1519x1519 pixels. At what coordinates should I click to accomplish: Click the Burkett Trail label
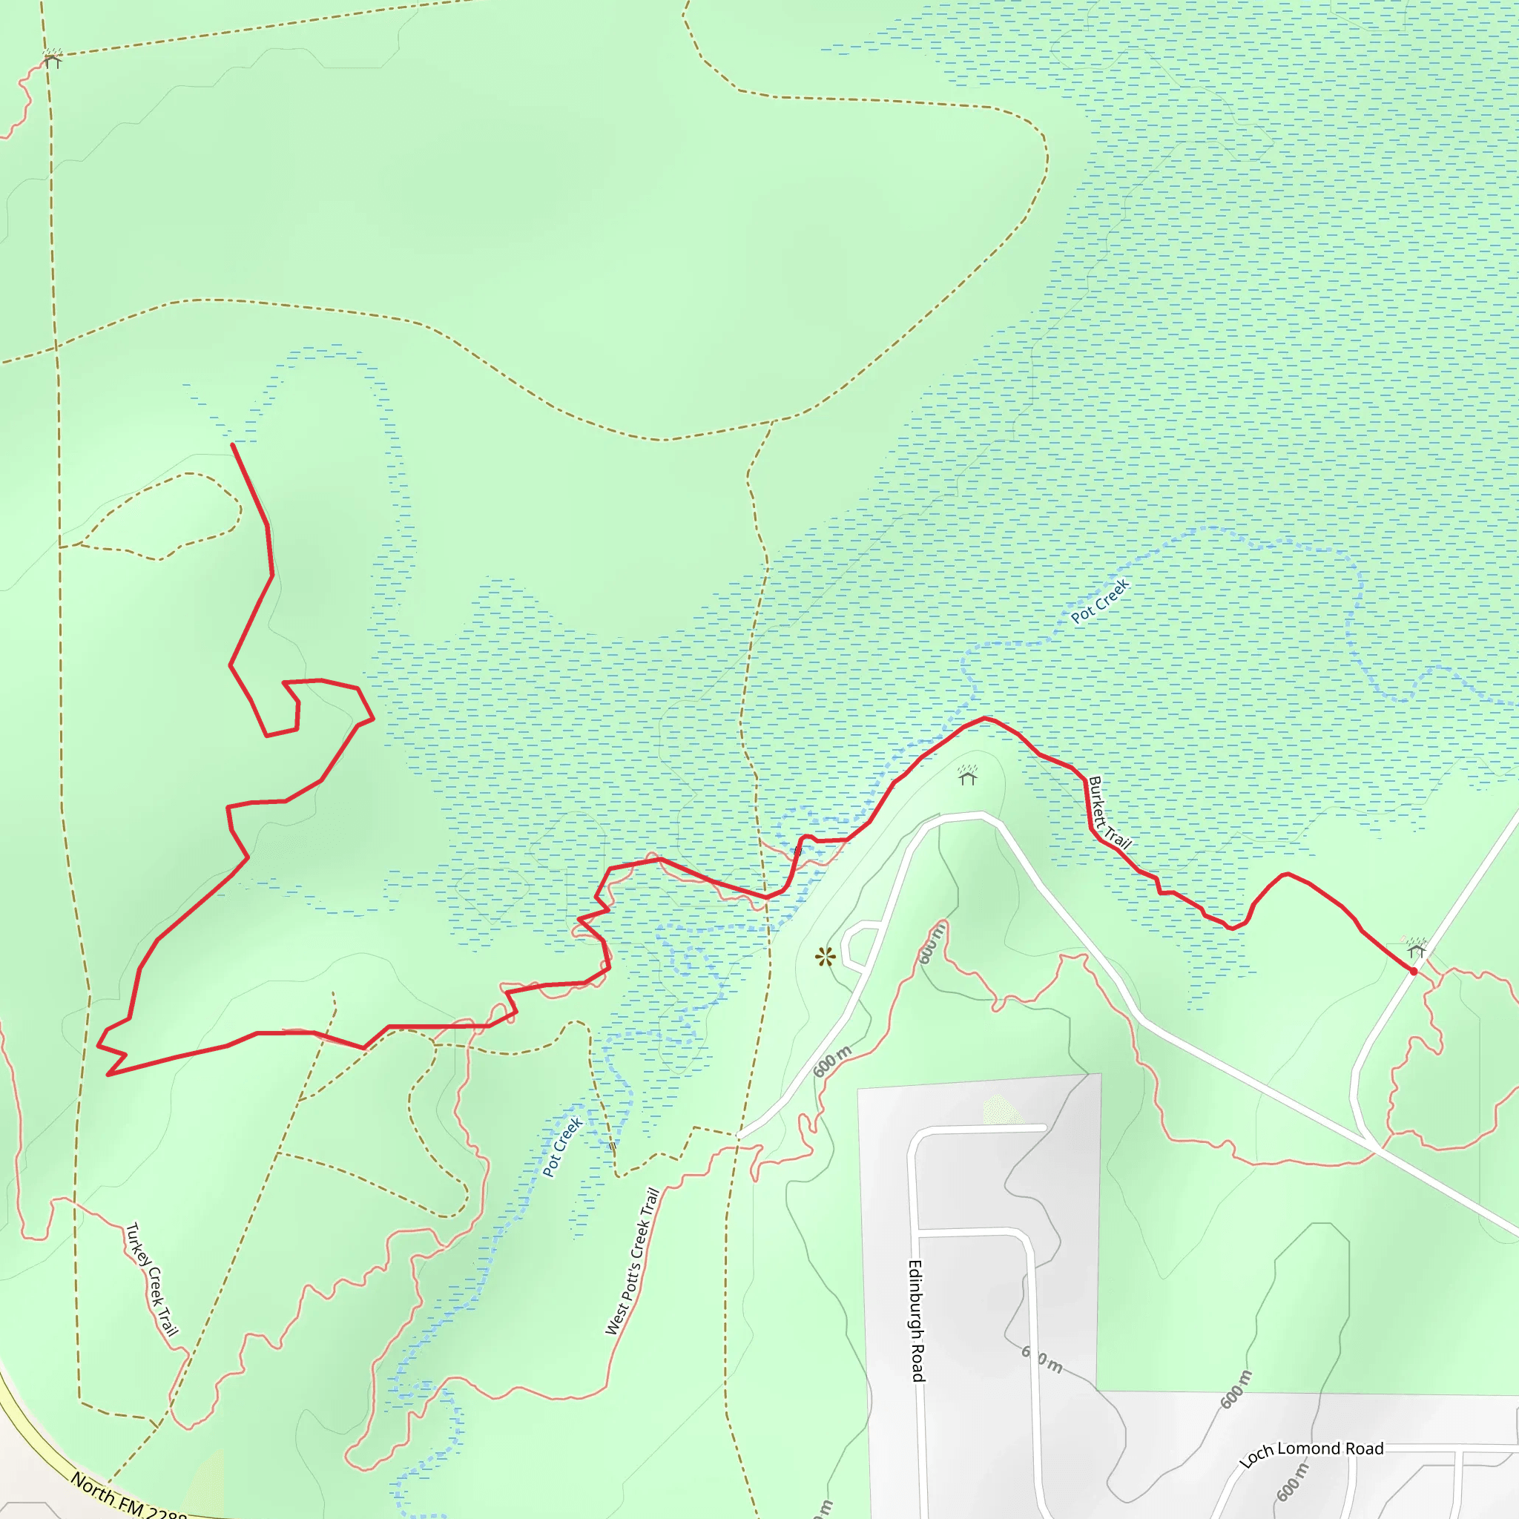pyautogui.click(x=1110, y=813)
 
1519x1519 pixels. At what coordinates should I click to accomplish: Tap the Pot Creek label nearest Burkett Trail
pyautogui.click(x=1100, y=602)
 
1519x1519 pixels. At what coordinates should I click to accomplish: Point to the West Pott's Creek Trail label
pyautogui.click(x=631, y=1261)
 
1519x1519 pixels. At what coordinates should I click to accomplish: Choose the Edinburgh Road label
pyautogui.click(x=917, y=1321)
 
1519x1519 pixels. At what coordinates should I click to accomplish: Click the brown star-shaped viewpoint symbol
pyautogui.click(x=825, y=957)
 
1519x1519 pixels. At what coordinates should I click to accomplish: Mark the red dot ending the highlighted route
pyautogui.click(x=1414, y=972)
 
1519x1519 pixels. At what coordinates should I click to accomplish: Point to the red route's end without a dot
pyautogui.click(x=233, y=444)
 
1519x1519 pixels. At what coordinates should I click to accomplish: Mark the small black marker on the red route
pyautogui.click(x=798, y=851)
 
